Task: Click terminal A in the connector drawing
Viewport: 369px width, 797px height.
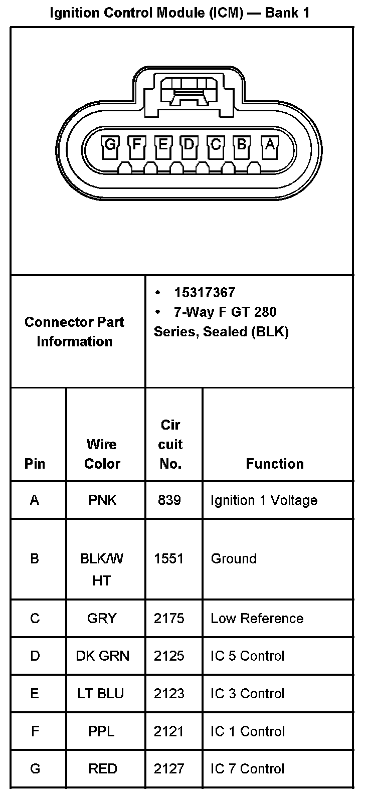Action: click(270, 145)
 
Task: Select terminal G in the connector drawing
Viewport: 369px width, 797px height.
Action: click(110, 145)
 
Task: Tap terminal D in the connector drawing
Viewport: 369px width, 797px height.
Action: click(189, 145)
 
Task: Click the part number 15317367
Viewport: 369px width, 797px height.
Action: click(205, 293)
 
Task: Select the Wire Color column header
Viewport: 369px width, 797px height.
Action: click(102, 454)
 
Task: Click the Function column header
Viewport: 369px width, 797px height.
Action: click(275, 464)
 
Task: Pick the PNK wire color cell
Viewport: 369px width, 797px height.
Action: click(102, 500)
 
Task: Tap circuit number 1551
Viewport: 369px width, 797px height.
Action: click(169, 558)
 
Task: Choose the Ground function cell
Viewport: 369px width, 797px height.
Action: click(234, 558)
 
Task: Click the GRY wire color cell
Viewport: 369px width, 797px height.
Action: click(102, 619)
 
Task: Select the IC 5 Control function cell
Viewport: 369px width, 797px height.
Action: click(247, 656)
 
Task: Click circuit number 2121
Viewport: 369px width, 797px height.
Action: click(169, 731)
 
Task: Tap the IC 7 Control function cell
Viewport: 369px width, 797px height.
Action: click(247, 769)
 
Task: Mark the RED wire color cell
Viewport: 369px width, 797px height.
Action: click(102, 769)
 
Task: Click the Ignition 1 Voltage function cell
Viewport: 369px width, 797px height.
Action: click(264, 500)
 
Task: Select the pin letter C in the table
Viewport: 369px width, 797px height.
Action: click(35, 619)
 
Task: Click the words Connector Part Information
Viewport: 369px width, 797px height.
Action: click(74, 331)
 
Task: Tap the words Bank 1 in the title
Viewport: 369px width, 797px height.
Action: click(288, 13)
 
